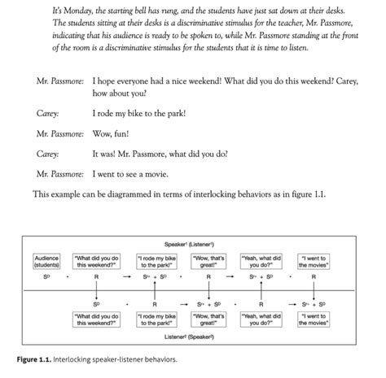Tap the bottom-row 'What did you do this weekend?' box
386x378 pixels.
coord(97,318)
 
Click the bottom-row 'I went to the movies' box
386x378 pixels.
coord(314,318)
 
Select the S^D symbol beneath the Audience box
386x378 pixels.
coord(46,276)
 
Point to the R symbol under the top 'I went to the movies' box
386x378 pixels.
coord(314,276)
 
